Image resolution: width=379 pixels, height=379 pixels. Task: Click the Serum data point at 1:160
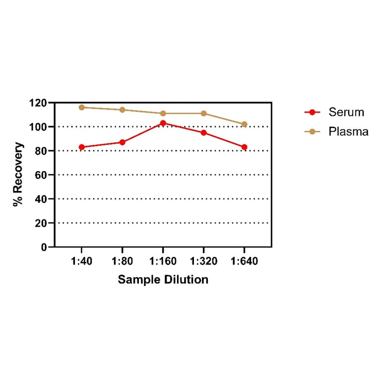(163, 123)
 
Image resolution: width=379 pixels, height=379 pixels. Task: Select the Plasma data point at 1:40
(81, 107)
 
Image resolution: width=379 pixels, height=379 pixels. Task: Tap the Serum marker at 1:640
(244, 147)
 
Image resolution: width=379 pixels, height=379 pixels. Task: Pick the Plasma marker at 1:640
(244, 124)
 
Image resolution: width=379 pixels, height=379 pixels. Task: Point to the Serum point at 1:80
(122, 142)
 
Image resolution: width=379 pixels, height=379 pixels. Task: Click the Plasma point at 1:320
(203, 114)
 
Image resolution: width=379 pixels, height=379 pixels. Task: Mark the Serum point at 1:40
(81, 147)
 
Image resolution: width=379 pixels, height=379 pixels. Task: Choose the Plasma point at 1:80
(122, 110)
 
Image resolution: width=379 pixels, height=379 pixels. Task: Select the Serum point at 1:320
(203, 132)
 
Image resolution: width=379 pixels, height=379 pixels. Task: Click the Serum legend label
(346, 112)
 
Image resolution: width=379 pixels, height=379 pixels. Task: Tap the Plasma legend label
(348, 131)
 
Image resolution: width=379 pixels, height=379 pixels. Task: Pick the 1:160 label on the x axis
(163, 261)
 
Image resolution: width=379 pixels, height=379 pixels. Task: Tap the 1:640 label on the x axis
(244, 261)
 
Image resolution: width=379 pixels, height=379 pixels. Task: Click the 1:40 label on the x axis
(81, 261)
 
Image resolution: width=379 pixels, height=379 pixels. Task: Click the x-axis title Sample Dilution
(163, 280)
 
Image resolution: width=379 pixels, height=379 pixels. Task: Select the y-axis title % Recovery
(18, 175)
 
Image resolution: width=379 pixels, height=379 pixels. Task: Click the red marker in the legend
(312, 112)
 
